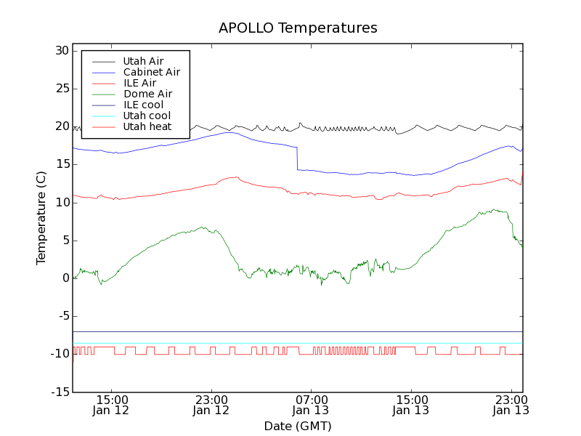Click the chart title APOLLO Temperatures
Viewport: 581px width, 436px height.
[x=298, y=28]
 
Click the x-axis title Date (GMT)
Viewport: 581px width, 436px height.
[x=298, y=426]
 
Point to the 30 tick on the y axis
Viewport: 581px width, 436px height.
[x=60, y=51]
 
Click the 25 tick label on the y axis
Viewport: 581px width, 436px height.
[x=60, y=89]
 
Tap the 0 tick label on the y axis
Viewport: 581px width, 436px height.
[x=65, y=278]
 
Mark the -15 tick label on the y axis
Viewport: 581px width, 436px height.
[x=58, y=392]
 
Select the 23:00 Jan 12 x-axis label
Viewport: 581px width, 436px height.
[x=211, y=405]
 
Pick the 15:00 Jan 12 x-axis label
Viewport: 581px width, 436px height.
[x=111, y=405]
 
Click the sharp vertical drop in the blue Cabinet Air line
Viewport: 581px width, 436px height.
[x=297, y=158]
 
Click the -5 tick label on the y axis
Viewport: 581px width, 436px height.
[x=60, y=316]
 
